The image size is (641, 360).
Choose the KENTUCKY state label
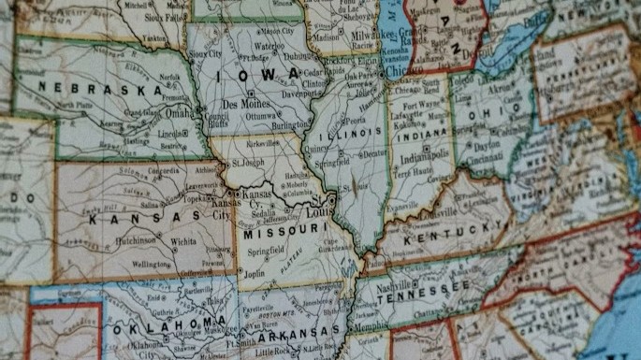[441, 234]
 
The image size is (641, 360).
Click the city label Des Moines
[246, 104]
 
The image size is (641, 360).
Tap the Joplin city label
[253, 273]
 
